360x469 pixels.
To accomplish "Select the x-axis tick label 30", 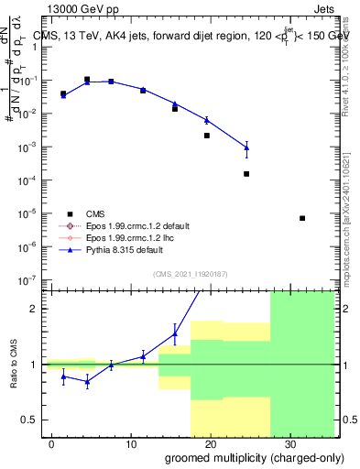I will (x=289, y=442).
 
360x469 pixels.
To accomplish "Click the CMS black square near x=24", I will (x=246, y=174).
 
